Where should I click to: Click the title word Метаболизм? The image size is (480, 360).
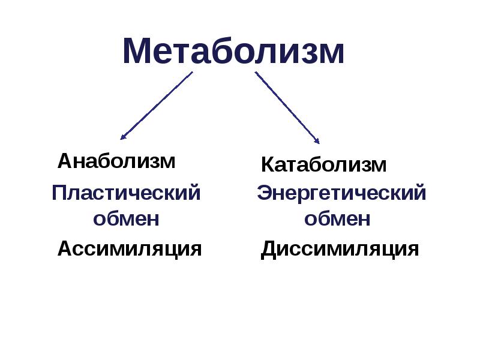(233, 52)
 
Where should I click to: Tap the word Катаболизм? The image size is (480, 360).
(323, 164)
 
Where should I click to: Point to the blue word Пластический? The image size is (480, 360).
(125, 194)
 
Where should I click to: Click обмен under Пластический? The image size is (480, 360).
(126, 218)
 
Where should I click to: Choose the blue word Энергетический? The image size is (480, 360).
(341, 194)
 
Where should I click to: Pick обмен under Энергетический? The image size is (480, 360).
(337, 218)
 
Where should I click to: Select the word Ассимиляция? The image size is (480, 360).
(129, 248)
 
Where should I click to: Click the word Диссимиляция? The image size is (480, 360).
(340, 249)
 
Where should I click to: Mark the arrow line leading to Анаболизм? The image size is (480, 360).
(157, 105)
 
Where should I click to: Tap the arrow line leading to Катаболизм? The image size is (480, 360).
(287, 106)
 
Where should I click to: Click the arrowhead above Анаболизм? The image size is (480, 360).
(123, 137)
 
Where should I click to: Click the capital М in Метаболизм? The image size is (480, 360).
(137, 52)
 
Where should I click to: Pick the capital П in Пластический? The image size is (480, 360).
(59, 194)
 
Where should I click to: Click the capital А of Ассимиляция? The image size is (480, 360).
(65, 248)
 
